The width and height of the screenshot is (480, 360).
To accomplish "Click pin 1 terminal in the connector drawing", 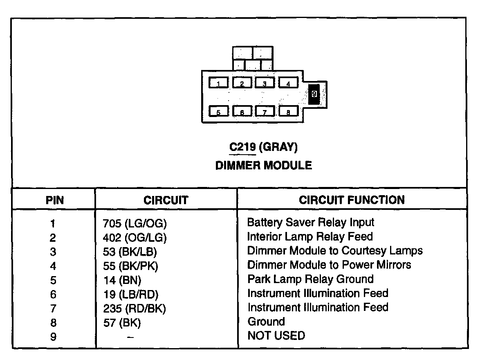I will (219, 83).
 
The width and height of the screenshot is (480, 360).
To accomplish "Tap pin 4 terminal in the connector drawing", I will (288, 83).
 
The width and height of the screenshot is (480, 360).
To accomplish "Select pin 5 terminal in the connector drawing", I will (219, 111).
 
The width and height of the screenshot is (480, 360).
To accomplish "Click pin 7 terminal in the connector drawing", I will (265, 111).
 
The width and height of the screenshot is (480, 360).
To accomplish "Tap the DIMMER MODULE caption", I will (263, 165).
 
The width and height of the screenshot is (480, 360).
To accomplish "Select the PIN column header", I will (54, 200).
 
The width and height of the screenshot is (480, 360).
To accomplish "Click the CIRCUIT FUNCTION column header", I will (352, 200).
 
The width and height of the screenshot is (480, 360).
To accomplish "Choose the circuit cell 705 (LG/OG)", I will (135, 223).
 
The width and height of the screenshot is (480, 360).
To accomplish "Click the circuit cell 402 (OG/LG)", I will (135, 238).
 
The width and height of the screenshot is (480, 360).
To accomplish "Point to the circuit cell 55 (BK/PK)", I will (130, 266).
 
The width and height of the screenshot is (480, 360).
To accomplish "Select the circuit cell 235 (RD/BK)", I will (135, 308).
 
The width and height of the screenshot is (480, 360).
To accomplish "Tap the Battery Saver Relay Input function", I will (311, 222).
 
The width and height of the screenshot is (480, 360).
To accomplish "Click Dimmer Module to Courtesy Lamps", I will (335, 250).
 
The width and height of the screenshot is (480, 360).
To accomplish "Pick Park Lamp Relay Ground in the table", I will (310, 279).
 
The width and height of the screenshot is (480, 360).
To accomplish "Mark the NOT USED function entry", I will (276, 336).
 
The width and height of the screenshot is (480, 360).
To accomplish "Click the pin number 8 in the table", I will (53, 323).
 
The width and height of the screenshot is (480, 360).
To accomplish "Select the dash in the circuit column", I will (130, 337).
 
